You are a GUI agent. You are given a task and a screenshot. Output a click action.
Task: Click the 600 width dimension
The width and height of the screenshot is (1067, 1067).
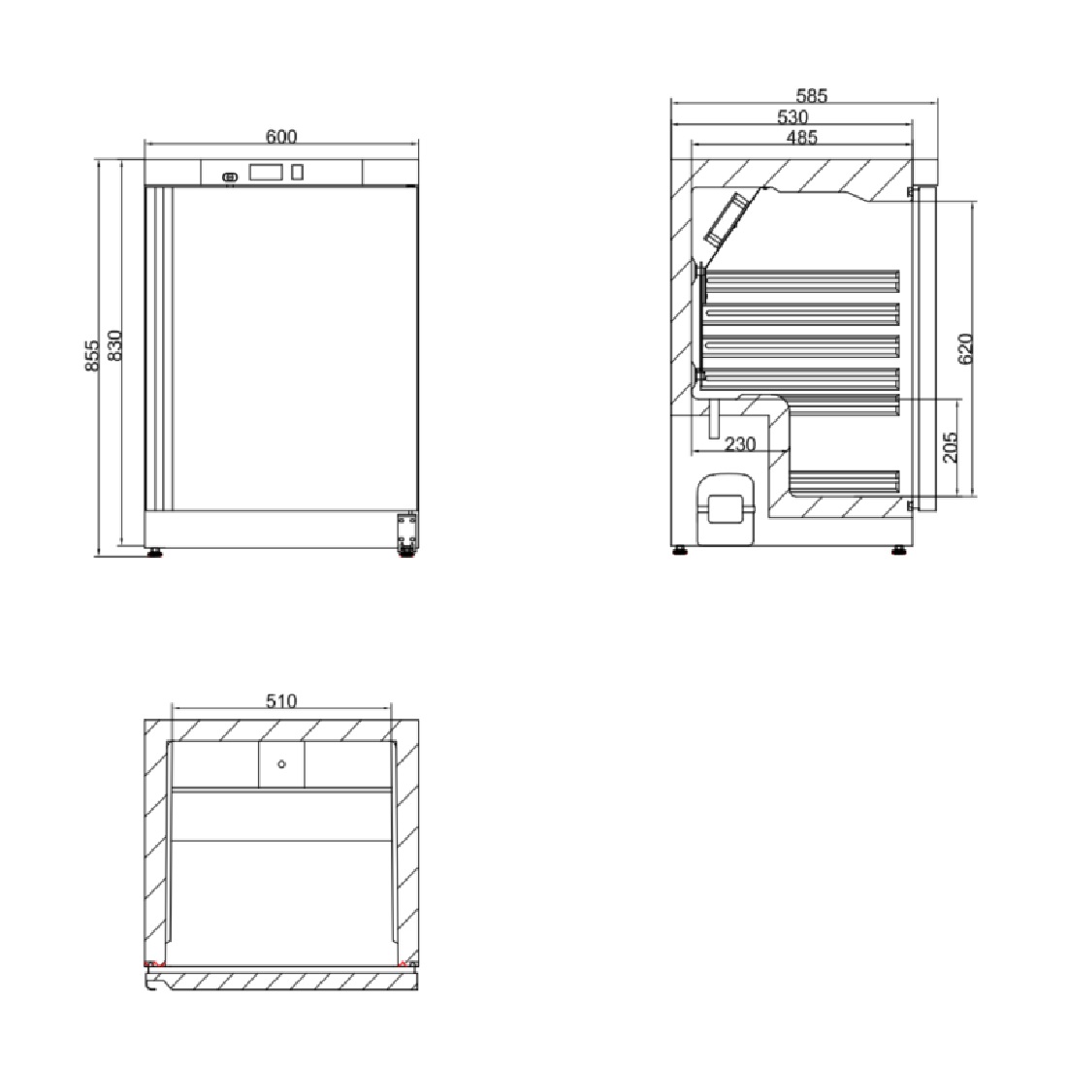(x=281, y=137)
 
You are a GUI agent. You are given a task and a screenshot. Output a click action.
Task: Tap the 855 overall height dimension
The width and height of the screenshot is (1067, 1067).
(x=92, y=356)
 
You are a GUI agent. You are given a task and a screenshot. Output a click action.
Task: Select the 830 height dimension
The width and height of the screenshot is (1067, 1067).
(x=114, y=345)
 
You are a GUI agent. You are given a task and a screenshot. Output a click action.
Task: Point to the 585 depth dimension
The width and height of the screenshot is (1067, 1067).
(x=811, y=96)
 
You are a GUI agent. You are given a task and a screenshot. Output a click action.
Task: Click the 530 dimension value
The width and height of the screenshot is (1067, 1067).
(x=792, y=117)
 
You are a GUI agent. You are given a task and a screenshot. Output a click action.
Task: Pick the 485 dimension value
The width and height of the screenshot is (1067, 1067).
(x=801, y=138)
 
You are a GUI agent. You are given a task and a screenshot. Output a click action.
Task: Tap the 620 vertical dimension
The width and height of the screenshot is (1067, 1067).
(x=965, y=349)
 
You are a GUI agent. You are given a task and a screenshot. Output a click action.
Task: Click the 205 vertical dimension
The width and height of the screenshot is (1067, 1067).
(x=950, y=446)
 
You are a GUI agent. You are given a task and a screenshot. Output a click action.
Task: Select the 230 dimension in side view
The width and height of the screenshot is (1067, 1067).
(x=740, y=444)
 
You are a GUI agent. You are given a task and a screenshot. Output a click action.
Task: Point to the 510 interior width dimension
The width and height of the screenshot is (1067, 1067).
(x=281, y=701)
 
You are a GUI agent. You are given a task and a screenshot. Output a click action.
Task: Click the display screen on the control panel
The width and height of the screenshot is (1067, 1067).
(x=266, y=172)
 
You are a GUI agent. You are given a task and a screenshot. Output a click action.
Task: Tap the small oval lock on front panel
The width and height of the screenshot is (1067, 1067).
(x=230, y=178)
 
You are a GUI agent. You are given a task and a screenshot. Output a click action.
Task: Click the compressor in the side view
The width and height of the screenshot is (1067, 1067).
(x=726, y=508)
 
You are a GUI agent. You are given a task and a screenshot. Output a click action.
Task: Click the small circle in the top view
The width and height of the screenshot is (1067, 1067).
(x=281, y=764)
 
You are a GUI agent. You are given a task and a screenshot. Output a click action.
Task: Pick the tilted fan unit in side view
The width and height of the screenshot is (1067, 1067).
(x=725, y=220)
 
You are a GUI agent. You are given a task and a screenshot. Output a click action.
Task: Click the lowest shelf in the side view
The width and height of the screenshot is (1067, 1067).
(x=844, y=482)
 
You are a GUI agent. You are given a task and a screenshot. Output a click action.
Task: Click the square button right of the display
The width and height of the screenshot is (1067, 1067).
(x=298, y=172)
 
